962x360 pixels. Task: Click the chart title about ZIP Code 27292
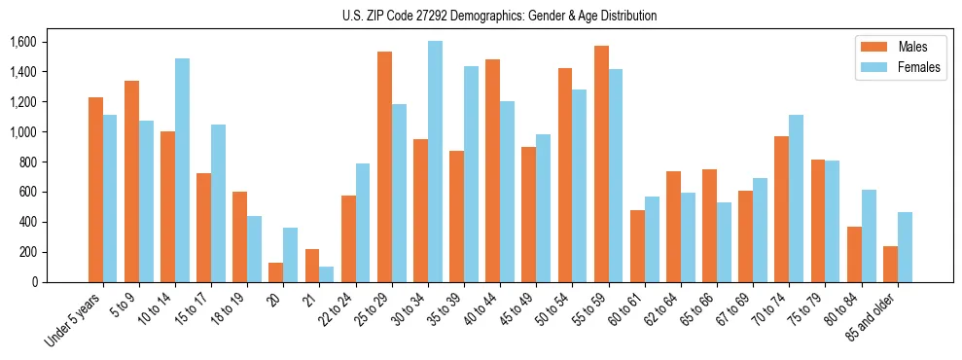499,16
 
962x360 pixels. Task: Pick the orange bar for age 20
276,272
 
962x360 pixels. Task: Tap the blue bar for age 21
327,274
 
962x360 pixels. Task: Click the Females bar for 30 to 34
435,162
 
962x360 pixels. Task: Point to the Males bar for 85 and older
890,265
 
